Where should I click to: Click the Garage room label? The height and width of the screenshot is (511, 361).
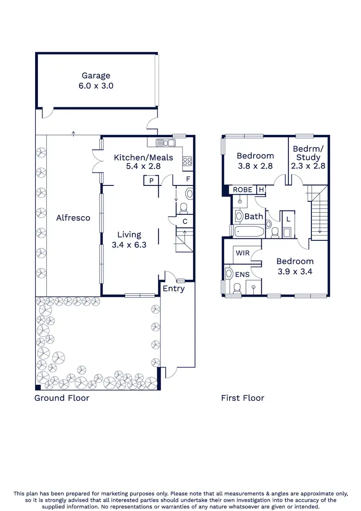tap(96, 76)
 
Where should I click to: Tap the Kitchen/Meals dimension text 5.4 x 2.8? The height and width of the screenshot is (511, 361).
tap(137, 166)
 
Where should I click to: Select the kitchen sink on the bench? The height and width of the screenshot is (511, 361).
tap(166, 143)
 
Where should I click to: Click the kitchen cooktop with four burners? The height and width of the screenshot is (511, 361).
tap(188, 162)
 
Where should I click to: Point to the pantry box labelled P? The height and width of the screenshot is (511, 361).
tap(151, 181)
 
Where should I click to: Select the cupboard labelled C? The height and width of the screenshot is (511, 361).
tap(185, 222)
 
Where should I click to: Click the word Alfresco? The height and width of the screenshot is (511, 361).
tap(73, 218)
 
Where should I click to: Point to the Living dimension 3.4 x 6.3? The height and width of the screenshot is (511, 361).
tap(129, 244)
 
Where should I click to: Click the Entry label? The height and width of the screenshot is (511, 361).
tap(173, 288)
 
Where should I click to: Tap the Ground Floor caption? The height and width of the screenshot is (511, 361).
tap(62, 398)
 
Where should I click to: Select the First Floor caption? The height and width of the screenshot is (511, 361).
tap(243, 398)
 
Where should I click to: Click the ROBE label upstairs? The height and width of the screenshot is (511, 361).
tap(243, 190)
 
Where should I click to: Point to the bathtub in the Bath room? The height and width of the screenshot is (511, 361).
tap(248, 231)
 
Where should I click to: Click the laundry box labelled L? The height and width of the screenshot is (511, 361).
tap(288, 219)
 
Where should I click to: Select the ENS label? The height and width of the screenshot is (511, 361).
tap(242, 274)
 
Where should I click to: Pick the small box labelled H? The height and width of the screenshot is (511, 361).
tap(261, 190)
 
